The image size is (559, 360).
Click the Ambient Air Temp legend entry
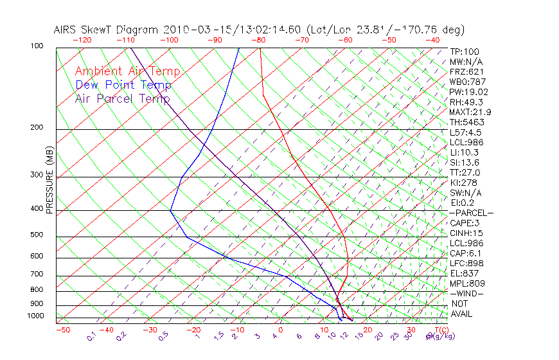coord(127,72)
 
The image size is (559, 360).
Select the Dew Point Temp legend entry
coord(123,85)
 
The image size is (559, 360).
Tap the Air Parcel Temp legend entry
coord(122,99)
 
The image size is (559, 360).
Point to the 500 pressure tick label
coord(37,235)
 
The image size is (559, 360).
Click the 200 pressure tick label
coord(37,128)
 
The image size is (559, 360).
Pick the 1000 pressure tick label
coord(35,316)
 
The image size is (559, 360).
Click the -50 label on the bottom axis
coord(62,330)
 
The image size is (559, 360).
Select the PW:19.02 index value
coord(468,92)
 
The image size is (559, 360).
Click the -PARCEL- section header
coord(471,213)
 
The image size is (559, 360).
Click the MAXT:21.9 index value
coord(470,112)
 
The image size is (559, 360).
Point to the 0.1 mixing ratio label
coord(91,337)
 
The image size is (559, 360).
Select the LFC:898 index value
coord(466,264)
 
